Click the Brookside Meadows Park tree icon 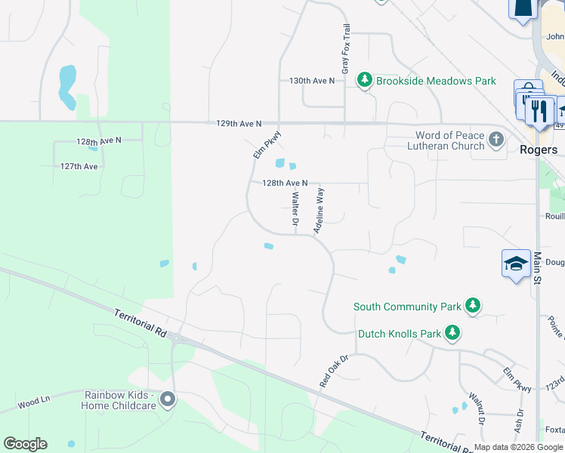[x=366, y=80]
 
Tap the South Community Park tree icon [x=473, y=306]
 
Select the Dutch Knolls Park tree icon [x=452, y=332]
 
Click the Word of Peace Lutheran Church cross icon [x=496, y=140]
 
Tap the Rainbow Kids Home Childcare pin [x=168, y=399]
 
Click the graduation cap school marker [x=515, y=264]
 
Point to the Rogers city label [x=539, y=149]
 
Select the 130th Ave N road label [x=312, y=81]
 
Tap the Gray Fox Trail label [x=346, y=49]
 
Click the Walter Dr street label [x=295, y=210]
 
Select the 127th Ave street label [x=79, y=166]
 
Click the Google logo [x=25, y=444]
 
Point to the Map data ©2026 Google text [x=518, y=447]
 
